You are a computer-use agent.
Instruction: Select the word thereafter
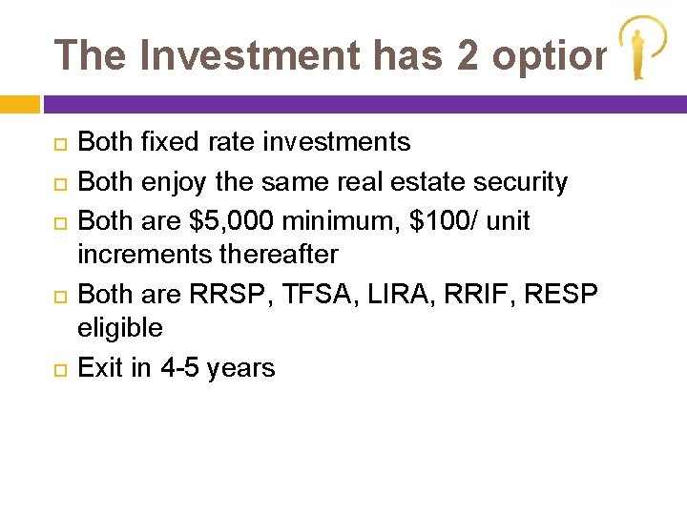281,255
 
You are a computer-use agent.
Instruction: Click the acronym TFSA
323,293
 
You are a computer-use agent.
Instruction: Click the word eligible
120,328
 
